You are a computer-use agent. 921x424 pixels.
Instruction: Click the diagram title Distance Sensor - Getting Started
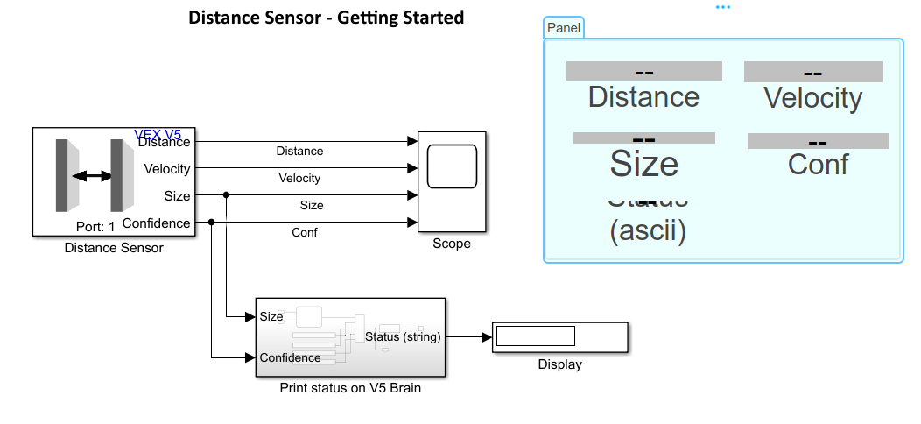pos(326,18)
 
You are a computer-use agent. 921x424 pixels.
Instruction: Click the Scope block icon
pos(452,166)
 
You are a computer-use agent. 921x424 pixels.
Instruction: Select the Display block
pos(559,336)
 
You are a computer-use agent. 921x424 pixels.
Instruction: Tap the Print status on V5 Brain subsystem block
pos(350,337)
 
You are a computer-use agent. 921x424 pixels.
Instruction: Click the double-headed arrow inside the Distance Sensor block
pos(92,176)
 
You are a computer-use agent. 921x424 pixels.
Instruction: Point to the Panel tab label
pos(563,28)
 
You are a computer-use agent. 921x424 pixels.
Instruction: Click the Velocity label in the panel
pos(812,97)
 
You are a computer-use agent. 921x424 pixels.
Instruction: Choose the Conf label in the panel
pos(818,164)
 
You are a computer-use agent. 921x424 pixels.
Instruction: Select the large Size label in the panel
pos(643,164)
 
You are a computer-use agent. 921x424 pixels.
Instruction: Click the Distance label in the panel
pos(643,96)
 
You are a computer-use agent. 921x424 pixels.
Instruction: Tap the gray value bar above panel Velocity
pos(812,72)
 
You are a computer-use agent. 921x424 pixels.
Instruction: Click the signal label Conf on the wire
pos(304,232)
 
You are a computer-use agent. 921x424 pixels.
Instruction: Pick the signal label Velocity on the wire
pos(299,178)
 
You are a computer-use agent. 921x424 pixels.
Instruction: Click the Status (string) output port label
pos(403,336)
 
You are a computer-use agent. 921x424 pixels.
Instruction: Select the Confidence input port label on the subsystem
pos(290,357)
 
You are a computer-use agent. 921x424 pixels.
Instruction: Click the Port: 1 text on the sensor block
pos(95,226)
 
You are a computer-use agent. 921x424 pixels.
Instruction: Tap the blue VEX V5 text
pos(158,135)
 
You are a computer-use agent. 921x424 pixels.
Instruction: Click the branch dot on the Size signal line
pos(227,195)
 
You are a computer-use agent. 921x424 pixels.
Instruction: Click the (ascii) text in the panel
pos(647,231)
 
